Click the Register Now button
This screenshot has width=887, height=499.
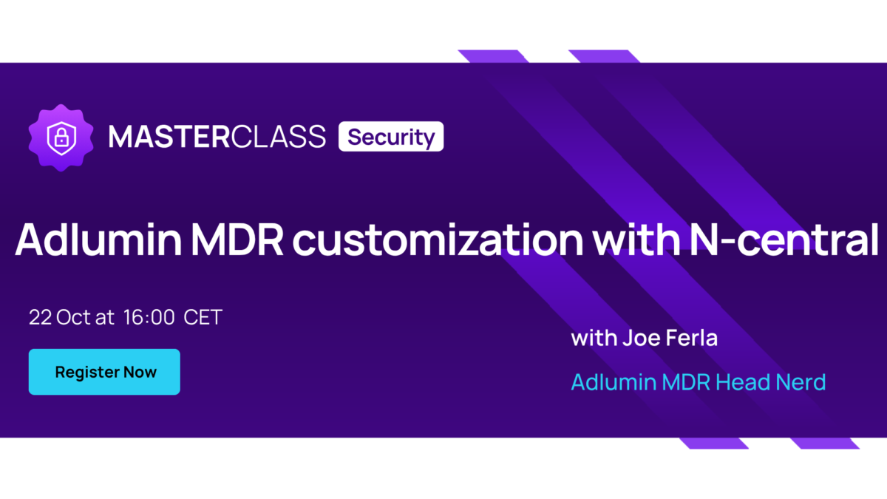click(x=104, y=372)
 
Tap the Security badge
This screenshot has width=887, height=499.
click(x=391, y=137)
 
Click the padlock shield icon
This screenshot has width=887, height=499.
click(x=61, y=138)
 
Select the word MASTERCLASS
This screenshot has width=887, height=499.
click(x=217, y=137)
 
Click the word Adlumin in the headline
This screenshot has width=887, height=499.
click(x=98, y=240)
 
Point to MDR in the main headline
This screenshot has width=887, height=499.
click(x=237, y=240)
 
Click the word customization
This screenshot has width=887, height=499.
click(x=438, y=240)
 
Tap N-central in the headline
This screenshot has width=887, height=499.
click(x=784, y=240)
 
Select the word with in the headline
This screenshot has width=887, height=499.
click(x=636, y=240)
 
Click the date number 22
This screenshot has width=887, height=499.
click(x=41, y=317)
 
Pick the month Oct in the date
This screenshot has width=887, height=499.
click(x=74, y=317)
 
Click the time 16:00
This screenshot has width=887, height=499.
click(x=149, y=317)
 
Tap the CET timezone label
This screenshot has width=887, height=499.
click(x=203, y=317)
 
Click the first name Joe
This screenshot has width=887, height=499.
click(x=641, y=339)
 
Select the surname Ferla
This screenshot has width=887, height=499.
click(x=692, y=339)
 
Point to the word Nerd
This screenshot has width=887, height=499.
click(x=801, y=382)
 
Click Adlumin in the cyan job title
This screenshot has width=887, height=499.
click(x=614, y=382)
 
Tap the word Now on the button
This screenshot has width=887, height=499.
click(x=140, y=373)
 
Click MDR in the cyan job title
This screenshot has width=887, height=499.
click(x=686, y=382)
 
